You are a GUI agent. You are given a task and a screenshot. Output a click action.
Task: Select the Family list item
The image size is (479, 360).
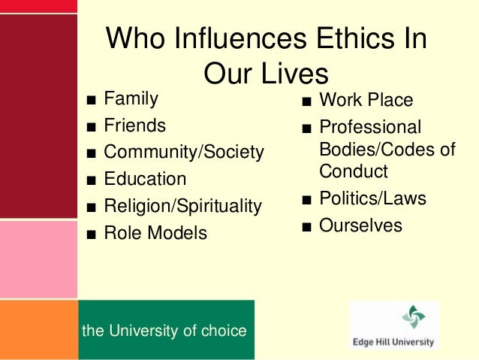pos(131,98)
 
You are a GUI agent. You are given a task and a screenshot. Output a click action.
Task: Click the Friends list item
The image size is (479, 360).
pos(134,125)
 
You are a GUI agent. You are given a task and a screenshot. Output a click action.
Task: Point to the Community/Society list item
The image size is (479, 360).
pos(184,153)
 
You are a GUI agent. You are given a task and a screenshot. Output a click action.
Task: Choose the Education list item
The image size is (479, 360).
pos(145,180)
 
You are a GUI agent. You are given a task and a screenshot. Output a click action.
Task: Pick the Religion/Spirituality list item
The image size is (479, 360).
pos(182,206)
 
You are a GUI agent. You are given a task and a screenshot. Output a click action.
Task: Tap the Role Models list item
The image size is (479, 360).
pos(155,233)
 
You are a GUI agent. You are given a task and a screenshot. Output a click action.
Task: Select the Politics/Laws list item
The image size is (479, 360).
pos(372,199)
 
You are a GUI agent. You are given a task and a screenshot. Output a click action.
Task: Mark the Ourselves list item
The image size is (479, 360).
pos(360,225)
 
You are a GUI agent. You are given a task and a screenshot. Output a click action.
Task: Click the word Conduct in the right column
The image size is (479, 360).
pos(353,171)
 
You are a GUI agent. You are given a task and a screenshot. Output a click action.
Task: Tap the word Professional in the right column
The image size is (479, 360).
pos(370,127)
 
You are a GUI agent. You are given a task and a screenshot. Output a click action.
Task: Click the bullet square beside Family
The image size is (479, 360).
pos(90,100)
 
